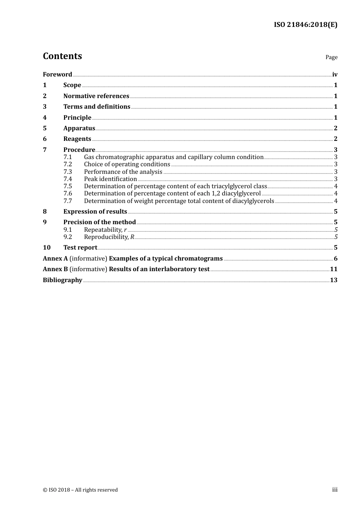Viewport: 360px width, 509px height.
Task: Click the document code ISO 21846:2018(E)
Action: click(x=305, y=25)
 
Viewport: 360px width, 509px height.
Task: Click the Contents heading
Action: click(x=62, y=56)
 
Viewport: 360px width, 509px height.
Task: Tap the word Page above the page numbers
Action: click(x=331, y=57)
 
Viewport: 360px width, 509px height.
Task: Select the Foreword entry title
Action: click(x=57, y=75)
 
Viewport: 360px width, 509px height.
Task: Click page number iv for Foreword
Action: click(x=335, y=75)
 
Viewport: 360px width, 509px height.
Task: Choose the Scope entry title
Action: click(x=72, y=85)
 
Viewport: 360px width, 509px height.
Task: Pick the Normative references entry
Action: click(x=96, y=96)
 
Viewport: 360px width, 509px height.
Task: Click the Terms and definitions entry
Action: click(x=97, y=107)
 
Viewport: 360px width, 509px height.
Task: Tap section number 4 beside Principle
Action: click(x=45, y=118)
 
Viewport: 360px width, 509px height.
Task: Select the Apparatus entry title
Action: click(x=79, y=128)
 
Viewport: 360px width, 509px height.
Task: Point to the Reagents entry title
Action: click(x=77, y=139)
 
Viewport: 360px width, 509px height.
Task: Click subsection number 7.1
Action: click(x=67, y=157)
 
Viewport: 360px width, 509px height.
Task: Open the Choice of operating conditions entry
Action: click(x=127, y=164)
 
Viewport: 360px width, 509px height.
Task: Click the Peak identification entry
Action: click(x=110, y=179)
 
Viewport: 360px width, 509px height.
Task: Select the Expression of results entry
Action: click(x=95, y=212)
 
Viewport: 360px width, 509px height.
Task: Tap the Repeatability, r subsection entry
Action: click(x=105, y=230)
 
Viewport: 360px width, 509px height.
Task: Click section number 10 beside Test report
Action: click(x=47, y=248)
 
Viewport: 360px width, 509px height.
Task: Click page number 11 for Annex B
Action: click(x=333, y=269)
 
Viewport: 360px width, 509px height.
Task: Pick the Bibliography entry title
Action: click(x=63, y=280)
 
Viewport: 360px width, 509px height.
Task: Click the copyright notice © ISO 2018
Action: click(x=80, y=490)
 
